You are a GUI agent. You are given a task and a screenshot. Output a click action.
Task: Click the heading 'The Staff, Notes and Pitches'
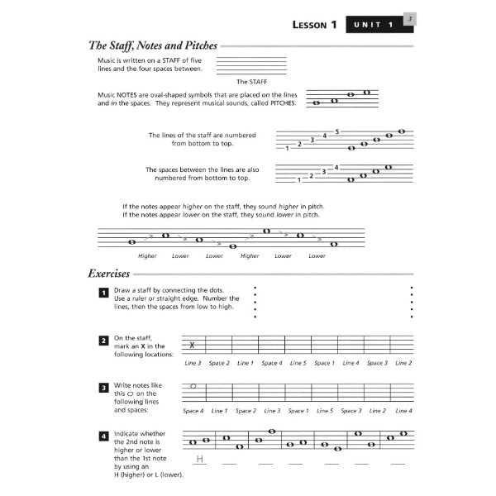[152, 46]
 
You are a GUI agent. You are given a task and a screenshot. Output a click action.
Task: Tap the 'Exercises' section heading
[109, 273]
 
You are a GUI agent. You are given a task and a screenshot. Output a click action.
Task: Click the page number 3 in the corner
[411, 17]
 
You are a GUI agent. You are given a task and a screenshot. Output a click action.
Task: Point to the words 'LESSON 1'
[315, 25]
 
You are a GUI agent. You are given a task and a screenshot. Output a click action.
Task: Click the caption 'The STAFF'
[251, 82]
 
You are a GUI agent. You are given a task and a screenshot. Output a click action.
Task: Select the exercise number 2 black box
[103, 340]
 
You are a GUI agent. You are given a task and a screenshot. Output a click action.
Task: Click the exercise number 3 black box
[103, 386]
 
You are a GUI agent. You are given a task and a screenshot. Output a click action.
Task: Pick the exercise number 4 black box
[103, 435]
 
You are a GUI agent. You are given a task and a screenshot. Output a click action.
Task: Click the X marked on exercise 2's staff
[193, 345]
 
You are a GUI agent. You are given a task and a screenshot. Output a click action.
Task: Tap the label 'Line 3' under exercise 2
[193, 363]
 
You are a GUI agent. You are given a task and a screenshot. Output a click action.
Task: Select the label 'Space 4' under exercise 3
[193, 411]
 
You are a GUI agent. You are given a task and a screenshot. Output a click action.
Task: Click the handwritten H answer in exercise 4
[199, 460]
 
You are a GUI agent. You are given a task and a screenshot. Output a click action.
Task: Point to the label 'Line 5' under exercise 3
[325, 411]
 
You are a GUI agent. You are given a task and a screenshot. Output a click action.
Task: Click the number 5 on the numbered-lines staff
[337, 131]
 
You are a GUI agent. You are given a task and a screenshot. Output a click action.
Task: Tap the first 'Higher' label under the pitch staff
[147, 256]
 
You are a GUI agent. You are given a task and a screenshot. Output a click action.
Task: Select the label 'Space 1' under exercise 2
[324, 363]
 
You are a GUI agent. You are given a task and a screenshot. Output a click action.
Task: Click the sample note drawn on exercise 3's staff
[193, 385]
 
